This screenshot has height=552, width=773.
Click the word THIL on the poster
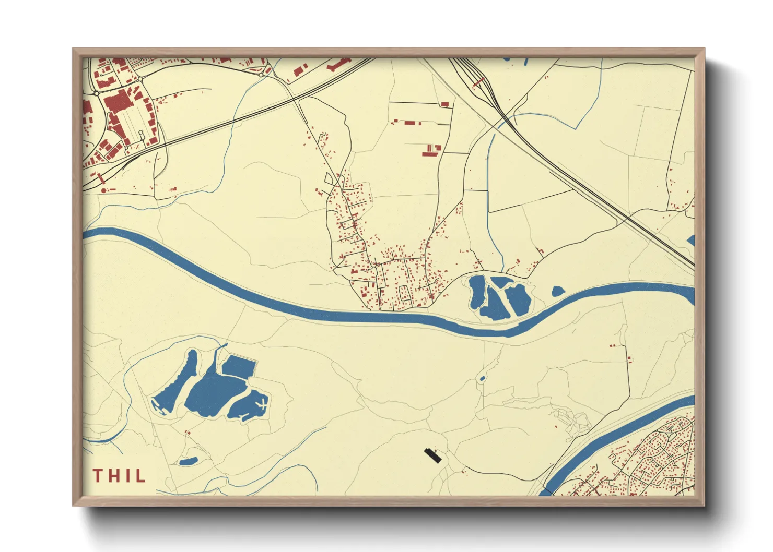click(x=119, y=476)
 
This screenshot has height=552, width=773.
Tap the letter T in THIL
click(x=98, y=476)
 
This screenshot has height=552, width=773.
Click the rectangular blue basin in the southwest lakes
click(x=239, y=366)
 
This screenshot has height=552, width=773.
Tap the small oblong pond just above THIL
click(x=188, y=461)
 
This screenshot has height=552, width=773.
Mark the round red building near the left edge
click(x=103, y=190)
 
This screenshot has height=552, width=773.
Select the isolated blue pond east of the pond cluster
click(x=558, y=291)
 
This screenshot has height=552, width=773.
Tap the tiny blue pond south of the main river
click(x=482, y=378)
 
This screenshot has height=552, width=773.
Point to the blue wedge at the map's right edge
click(x=691, y=241)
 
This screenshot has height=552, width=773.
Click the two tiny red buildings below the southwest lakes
click(x=188, y=432)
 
